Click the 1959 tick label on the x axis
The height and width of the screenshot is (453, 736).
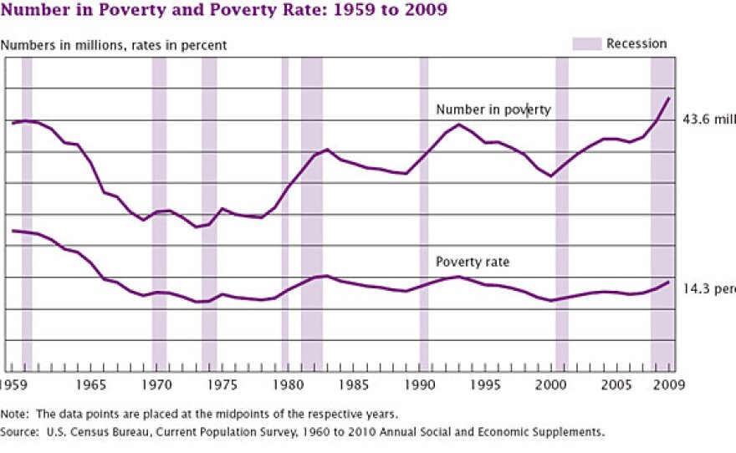click(x=13, y=385)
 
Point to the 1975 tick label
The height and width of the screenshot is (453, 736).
click(x=222, y=385)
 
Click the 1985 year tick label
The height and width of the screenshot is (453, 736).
click(x=354, y=385)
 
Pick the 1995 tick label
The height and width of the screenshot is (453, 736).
click(x=485, y=385)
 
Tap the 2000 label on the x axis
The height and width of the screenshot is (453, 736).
click(x=551, y=385)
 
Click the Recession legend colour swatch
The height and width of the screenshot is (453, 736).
click(x=586, y=43)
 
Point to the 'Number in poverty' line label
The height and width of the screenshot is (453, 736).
click(x=493, y=109)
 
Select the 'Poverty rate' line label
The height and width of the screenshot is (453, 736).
click(x=473, y=262)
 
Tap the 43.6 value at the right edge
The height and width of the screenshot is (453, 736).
click(x=709, y=119)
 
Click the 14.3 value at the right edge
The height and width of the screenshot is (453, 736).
click(x=709, y=288)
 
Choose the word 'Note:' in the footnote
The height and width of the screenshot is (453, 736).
click(x=14, y=415)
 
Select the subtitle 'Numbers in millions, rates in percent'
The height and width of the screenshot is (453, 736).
click(x=114, y=45)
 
